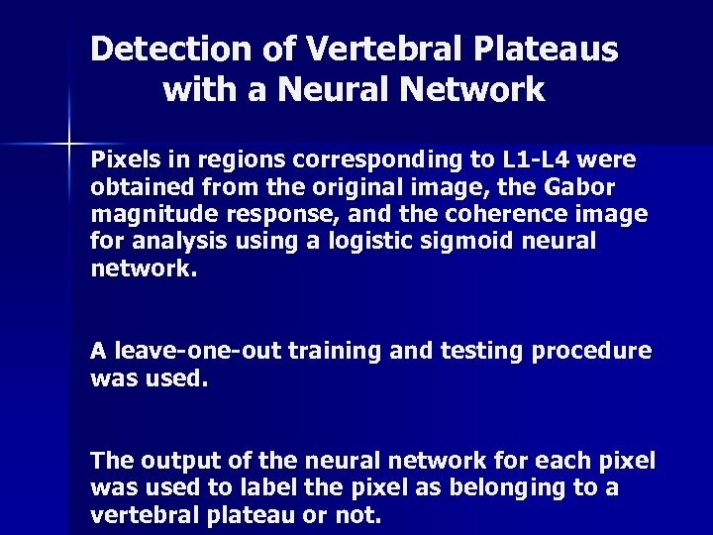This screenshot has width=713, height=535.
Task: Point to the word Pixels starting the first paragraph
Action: coord(121,160)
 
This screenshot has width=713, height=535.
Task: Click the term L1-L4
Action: coord(542,160)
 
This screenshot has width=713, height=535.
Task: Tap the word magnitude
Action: coord(145,215)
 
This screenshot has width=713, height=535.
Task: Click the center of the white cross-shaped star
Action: coord(72,145)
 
